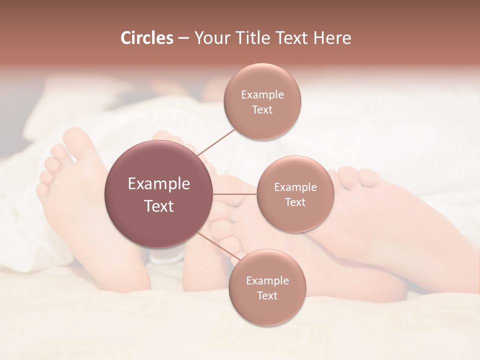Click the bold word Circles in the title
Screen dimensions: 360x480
pyautogui.click(x=147, y=38)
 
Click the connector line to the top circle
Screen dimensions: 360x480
pyautogui.click(x=217, y=141)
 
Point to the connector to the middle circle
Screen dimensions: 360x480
pyautogui.click(x=235, y=194)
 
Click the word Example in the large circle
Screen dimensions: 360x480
pyautogui.click(x=159, y=184)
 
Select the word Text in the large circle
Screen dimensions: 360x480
pyautogui.click(x=159, y=206)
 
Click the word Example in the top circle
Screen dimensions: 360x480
pyautogui.click(x=262, y=95)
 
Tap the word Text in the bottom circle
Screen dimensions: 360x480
pyautogui.click(x=267, y=296)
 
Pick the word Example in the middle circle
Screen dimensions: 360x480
pyautogui.click(x=295, y=187)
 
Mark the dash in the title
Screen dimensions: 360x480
pyautogui.click(x=183, y=38)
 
